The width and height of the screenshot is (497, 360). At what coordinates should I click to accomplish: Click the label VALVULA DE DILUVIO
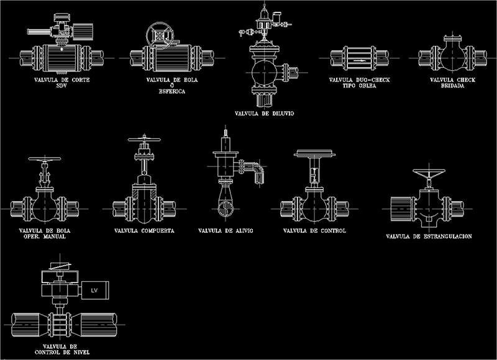265,114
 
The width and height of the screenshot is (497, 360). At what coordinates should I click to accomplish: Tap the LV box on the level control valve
94,290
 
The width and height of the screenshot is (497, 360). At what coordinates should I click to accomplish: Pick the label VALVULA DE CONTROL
314,231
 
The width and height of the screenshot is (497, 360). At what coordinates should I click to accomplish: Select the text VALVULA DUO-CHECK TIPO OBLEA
359,83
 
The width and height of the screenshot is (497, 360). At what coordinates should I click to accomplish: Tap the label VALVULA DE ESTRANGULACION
429,236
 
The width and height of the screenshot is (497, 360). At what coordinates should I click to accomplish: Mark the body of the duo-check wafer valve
359,59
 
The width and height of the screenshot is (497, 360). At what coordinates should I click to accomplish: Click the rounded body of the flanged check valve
452,60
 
